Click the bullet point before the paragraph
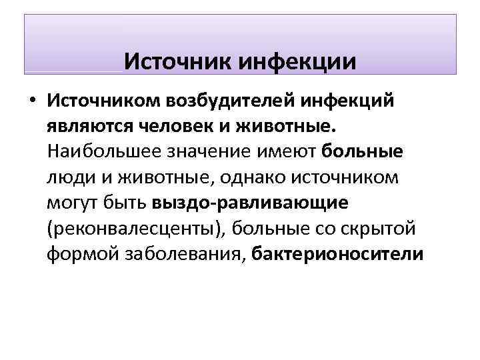tap(31, 101)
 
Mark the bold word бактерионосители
tap(338, 254)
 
